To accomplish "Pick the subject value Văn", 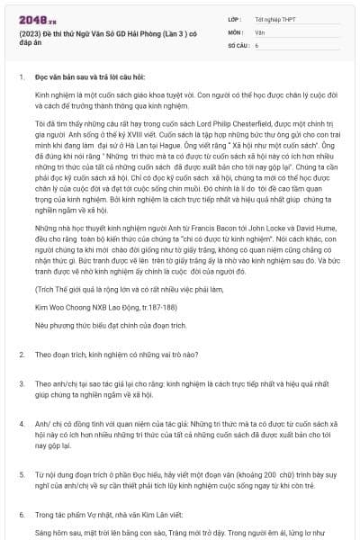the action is [x=260, y=31].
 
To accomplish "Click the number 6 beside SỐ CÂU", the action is [x=257, y=44].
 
